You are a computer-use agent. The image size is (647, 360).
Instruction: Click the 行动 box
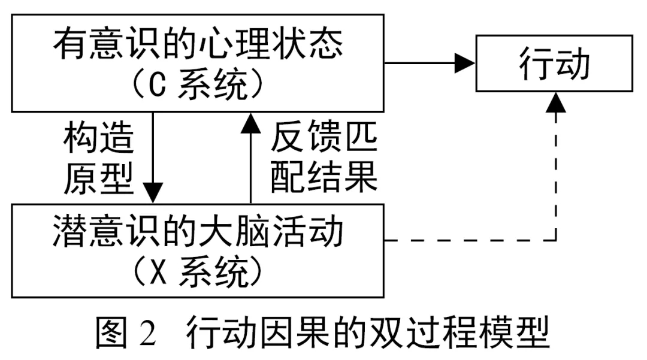pos(555,63)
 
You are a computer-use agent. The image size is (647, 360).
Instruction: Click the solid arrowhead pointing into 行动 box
pos(464,62)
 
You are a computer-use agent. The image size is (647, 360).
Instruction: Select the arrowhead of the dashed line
pos(557,102)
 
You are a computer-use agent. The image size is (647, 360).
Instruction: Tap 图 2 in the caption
pos(126,333)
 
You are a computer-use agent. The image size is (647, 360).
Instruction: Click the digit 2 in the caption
pos(148,334)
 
